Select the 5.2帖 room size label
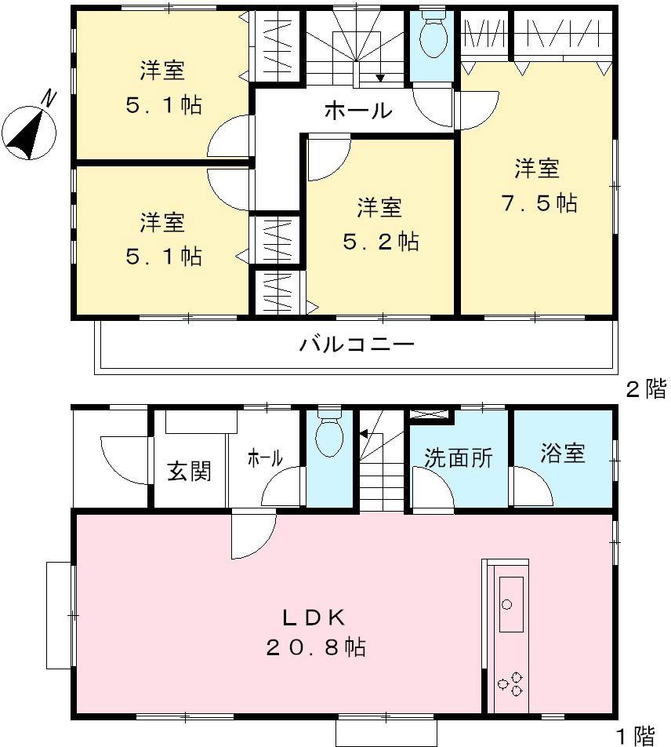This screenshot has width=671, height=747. [380, 241]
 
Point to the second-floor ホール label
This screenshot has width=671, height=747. [358, 111]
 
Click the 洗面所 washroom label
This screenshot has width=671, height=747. [459, 457]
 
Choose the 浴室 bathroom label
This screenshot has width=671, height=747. [563, 454]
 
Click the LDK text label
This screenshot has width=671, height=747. [314, 618]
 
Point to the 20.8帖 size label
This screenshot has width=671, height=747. [314, 649]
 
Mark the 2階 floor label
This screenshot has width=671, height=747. [644, 388]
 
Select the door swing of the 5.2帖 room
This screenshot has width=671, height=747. [325, 157]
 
